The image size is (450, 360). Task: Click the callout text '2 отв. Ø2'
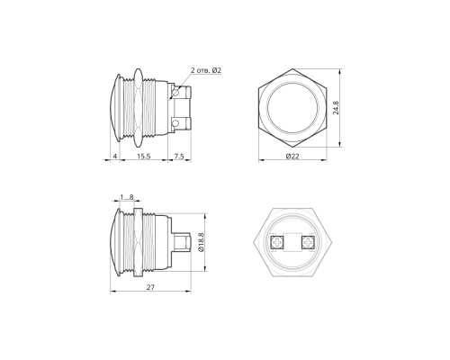206,70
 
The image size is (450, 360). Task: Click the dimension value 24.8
336,108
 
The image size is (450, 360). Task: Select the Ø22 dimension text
292,156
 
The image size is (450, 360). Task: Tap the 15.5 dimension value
144,156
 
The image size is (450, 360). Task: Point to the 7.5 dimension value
179,156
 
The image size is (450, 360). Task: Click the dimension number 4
115,156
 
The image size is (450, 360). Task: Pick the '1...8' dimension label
127,197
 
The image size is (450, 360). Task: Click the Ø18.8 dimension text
202,242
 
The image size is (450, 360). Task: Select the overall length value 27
150,287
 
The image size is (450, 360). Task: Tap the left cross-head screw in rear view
277,242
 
